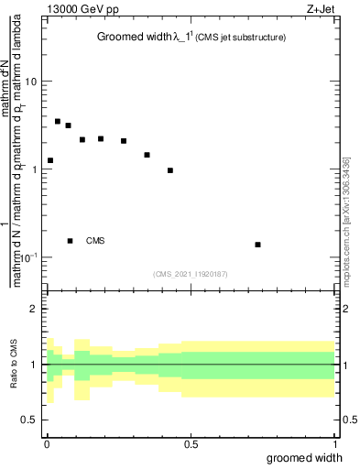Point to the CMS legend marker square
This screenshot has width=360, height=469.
pyautogui.click(x=70, y=241)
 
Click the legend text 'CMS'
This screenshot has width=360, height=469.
pyautogui.click(x=95, y=241)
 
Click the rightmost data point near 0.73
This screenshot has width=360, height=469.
pyautogui.click(x=258, y=245)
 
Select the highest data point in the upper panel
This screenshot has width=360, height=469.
pyautogui.click(x=58, y=121)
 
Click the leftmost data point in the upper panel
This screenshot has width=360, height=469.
pyautogui.click(x=50, y=160)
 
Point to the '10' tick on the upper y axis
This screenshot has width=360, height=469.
pyautogui.click(x=30, y=82)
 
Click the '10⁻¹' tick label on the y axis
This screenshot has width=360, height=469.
pyautogui.click(x=27, y=257)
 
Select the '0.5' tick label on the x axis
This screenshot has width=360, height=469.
pyautogui.click(x=191, y=442)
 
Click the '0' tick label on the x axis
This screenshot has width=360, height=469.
pyautogui.click(x=47, y=442)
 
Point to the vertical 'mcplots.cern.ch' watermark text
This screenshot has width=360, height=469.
pyautogui.click(x=345, y=219)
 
